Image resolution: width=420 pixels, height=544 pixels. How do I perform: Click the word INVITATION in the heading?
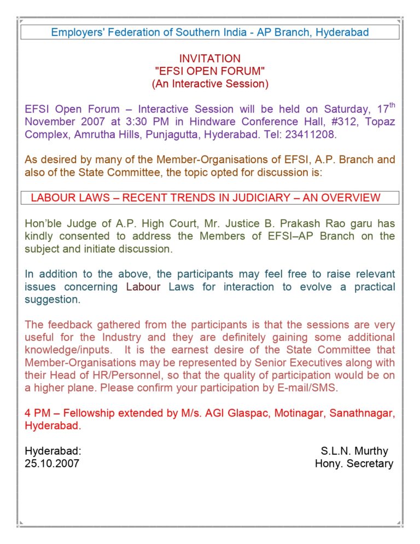pyautogui.click(x=209, y=59)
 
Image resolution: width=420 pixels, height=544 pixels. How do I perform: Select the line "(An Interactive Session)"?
pyautogui.click(x=209, y=84)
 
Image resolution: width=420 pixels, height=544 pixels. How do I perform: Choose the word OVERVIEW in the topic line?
pyautogui.click(x=349, y=198)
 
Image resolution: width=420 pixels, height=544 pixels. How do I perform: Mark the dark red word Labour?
pyautogui.click(x=143, y=286)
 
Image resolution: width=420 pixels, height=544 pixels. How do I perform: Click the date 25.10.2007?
pyautogui.click(x=52, y=464)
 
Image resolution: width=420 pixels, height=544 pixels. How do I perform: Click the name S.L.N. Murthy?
pyautogui.click(x=354, y=451)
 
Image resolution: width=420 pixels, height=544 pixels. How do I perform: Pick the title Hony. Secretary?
pyautogui.click(x=354, y=464)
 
